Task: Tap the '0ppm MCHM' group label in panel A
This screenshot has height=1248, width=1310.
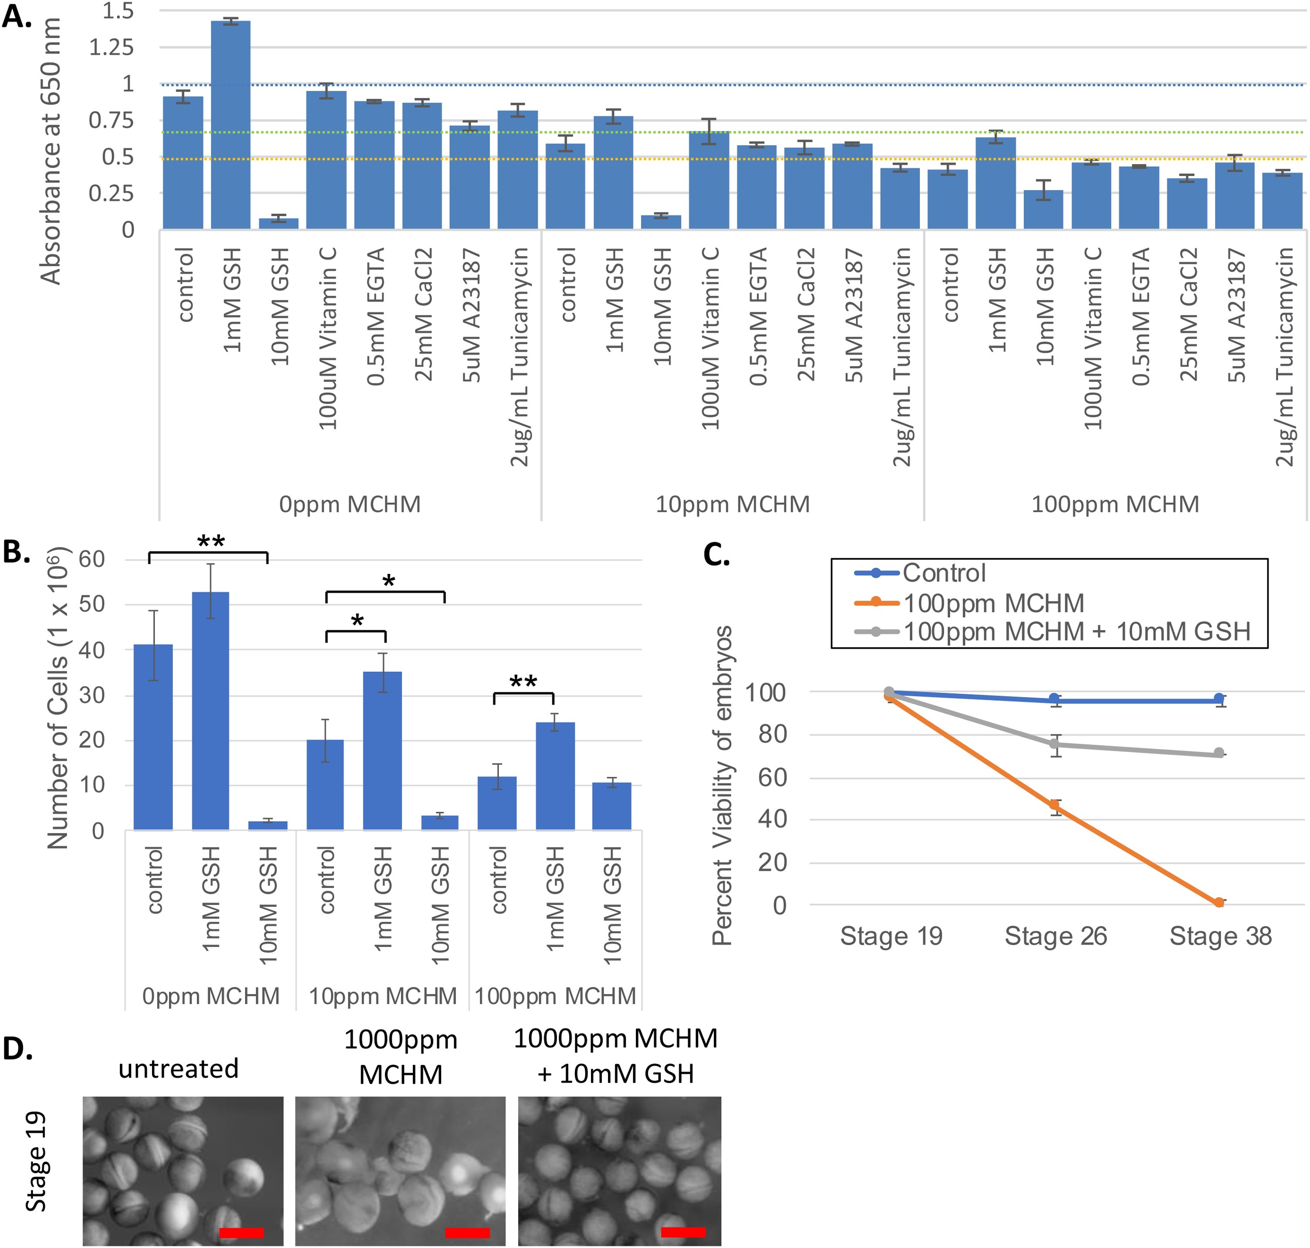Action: [x=349, y=504]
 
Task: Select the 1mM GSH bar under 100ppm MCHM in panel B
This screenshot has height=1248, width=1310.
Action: [x=555, y=776]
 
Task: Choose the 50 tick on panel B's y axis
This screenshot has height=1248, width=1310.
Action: [x=92, y=605]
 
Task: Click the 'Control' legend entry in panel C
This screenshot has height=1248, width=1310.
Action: [x=943, y=573]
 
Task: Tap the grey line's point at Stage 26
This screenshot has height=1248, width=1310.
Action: [x=1054, y=745]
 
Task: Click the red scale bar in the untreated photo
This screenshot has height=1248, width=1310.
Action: [x=241, y=1233]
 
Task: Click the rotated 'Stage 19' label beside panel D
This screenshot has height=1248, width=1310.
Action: [x=36, y=1161]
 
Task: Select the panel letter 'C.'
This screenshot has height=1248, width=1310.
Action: [x=716, y=554]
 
